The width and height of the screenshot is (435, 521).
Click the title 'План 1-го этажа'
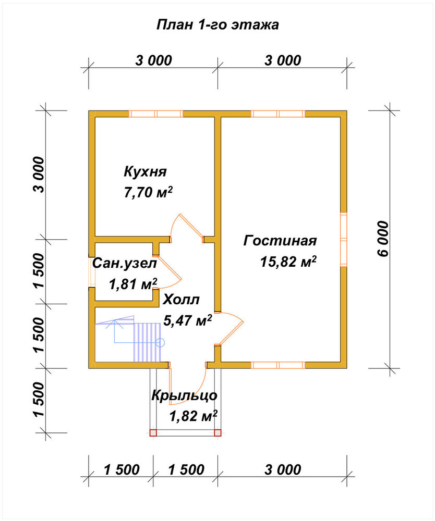coord(217,25)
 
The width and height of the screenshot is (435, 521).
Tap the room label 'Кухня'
coord(145,172)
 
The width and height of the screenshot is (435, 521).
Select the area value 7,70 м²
coord(148,192)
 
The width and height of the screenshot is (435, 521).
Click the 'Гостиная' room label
coord(280,240)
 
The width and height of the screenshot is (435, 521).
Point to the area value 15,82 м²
coord(288,262)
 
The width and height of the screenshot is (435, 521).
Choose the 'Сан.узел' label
coord(124,264)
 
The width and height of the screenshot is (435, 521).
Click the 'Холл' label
coord(181,300)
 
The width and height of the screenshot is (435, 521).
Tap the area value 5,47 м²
coord(188,320)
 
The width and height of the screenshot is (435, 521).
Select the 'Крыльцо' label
coord(184,395)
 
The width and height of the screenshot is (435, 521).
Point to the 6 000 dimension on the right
coord(383,239)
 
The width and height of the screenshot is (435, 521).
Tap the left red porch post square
coord(153,432)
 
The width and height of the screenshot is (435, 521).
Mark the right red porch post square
coord(217,432)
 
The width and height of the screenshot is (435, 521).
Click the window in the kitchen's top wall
coord(156,114)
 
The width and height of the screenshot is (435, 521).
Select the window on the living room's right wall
coord(344,239)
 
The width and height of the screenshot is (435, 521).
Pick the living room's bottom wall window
coord(278,365)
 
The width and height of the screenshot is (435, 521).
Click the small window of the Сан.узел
coord(92,271)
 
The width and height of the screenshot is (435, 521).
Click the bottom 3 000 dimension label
coord(283,470)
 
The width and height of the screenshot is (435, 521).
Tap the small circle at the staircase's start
coord(160,342)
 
